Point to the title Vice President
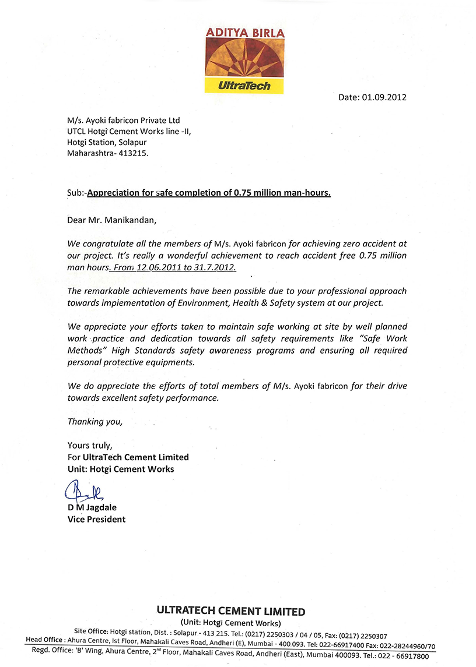pyautogui.click(x=96, y=519)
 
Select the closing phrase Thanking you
pyautogui.click(x=95, y=421)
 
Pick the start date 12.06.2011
pyautogui.click(x=152, y=267)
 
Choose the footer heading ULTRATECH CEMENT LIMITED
pyautogui.click(x=230, y=612)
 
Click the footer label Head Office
pyautogui.click(x=45, y=640)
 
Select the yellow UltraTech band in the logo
pyautogui.click(x=244, y=86)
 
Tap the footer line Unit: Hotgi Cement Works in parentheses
pyautogui.click(x=231, y=623)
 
